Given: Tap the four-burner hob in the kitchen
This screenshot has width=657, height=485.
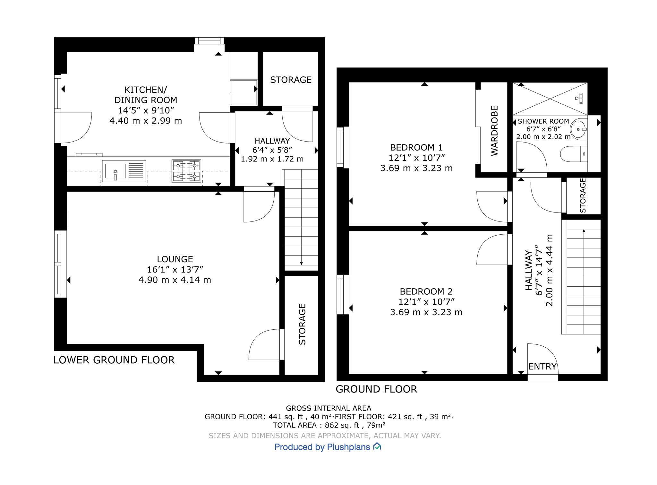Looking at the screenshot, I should pyautogui.click(x=186, y=171).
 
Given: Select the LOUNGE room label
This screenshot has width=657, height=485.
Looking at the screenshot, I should pyautogui.click(x=175, y=259).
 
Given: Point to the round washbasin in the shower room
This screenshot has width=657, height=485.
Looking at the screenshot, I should pyautogui.click(x=578, y=129).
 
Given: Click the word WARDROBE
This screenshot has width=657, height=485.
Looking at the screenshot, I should pyautogui.click(x=494, y=131).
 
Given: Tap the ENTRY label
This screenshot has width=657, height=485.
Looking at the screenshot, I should pyautogui.click(x=542, y=366).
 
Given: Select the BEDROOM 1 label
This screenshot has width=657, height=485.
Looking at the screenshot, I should pyautogui.click(x=416, y=147).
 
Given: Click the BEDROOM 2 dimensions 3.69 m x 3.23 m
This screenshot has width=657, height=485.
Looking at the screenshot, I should pyautogui.click(x=426, y=312).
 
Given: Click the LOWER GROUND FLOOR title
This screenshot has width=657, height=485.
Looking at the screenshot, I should pyautogui.click(x=114, y=360).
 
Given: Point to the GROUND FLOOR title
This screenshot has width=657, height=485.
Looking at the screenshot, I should pyautogui.click(x=376, y=389).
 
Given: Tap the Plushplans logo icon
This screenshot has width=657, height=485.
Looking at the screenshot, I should pyautogui.click(x=377, y=446).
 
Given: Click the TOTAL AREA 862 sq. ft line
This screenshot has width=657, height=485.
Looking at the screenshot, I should pyautogui.click(x=328, y=425).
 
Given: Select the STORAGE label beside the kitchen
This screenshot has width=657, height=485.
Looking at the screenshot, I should pyautogui.click(x=291, y=80).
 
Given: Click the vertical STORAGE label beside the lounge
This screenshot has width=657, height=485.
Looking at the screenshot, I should pyautogui.click(x=302, y=324).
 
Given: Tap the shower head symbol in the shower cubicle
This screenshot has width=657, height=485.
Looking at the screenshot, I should pyautogui.click(x=579, y=98).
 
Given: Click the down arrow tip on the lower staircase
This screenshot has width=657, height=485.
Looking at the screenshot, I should pyautogui.click(x=301, y=264).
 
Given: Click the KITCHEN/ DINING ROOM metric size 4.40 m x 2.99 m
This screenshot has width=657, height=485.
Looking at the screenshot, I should pyautogui.click(x=146, y=121).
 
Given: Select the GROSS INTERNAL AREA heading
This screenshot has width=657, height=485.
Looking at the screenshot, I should pyautogui.click(x=328, y=408).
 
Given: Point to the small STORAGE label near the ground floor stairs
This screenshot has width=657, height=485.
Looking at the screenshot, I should pyautogui.click(x=583, y=195).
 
